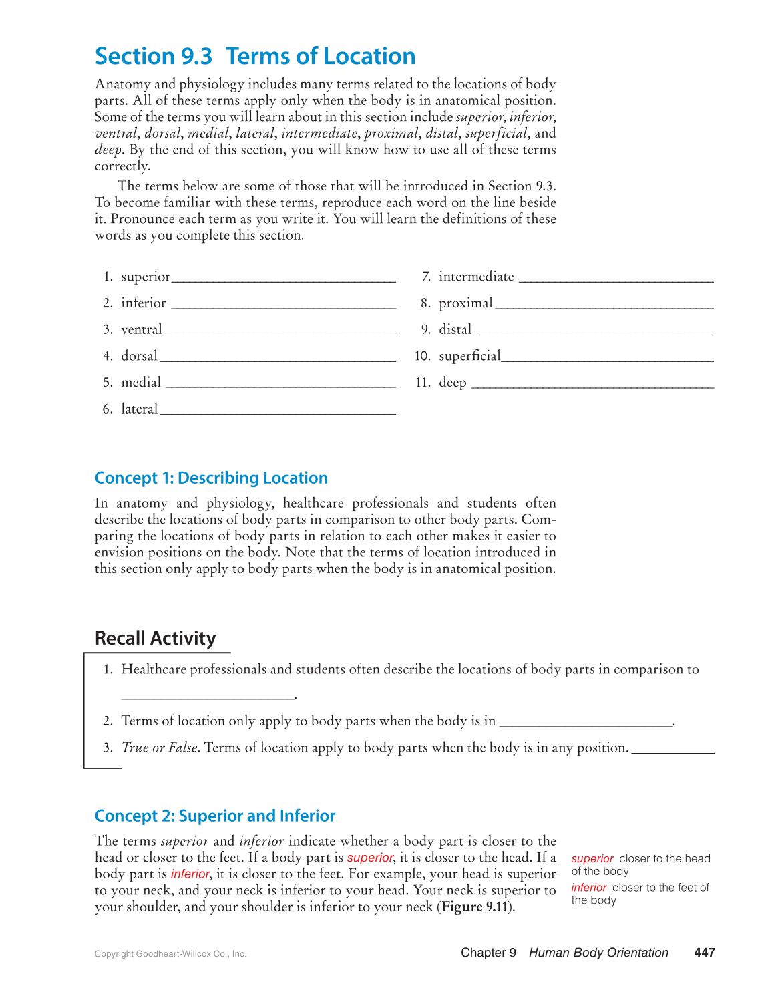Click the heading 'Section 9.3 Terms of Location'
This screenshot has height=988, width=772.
coord(255,57)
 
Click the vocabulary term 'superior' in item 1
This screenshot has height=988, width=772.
coord(146,277)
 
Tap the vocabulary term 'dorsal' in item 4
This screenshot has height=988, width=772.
coord(139,356)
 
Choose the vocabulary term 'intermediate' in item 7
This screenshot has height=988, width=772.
coord(476,277)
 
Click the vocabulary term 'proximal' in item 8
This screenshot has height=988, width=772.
coord(465,303)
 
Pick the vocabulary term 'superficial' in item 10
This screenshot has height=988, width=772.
coord(469,356)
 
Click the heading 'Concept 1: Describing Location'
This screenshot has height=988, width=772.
coord(211,478)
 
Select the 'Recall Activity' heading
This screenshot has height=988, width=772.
coord(155,639)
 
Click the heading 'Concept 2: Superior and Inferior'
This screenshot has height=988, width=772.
coord(214,816)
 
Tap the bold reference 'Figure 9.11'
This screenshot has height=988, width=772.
coord(475,907)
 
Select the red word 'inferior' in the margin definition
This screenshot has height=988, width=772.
coord(588,888)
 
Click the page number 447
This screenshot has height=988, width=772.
coord(704,953)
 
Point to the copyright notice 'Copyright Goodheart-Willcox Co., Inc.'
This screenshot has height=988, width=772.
coord(170,954)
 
